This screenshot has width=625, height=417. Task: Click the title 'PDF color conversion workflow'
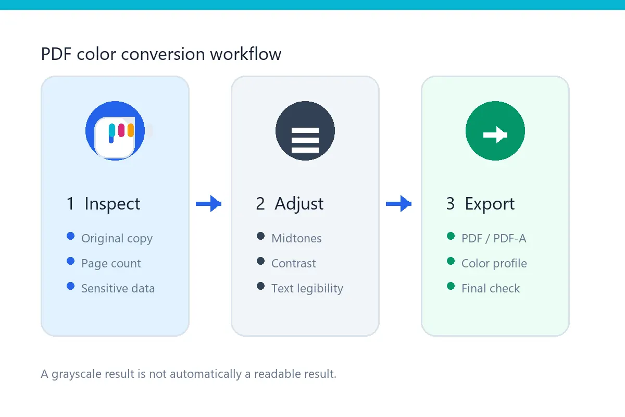[x=161, y=54]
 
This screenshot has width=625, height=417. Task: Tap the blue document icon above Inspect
[x=115, y=131]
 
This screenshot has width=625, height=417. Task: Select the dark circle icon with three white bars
[x=305, y=131]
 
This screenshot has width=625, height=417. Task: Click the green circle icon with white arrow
[x=495, y=131]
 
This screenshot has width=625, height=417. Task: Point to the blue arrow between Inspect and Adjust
[x=209, y=204]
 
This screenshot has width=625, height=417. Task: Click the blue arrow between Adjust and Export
[x=399, y=204]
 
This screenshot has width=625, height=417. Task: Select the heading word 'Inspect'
[x=112, y=204]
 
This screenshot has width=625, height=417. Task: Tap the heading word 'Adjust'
[x=299, y=204]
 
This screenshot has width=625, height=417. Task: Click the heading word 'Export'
[x=490, y=204]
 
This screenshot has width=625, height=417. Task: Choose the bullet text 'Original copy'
[x=117, y=239]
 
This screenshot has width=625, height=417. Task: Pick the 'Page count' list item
[x=111, y=263]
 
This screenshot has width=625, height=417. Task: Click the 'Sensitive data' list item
[x=118, y=288]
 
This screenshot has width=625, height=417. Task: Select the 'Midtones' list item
[x=296, y=239]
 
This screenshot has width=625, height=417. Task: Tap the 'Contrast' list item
[x=294, y=263]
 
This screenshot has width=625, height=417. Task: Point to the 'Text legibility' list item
[x=307, y=288]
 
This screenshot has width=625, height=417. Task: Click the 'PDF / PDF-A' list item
[x=494, y=239]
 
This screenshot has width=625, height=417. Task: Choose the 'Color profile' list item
[x=494, y=263]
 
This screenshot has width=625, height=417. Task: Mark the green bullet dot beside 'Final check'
[x=451, y=286]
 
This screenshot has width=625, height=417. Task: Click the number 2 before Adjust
[x=260, y=204]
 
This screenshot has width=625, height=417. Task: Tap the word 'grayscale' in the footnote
[x=77, y=374]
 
